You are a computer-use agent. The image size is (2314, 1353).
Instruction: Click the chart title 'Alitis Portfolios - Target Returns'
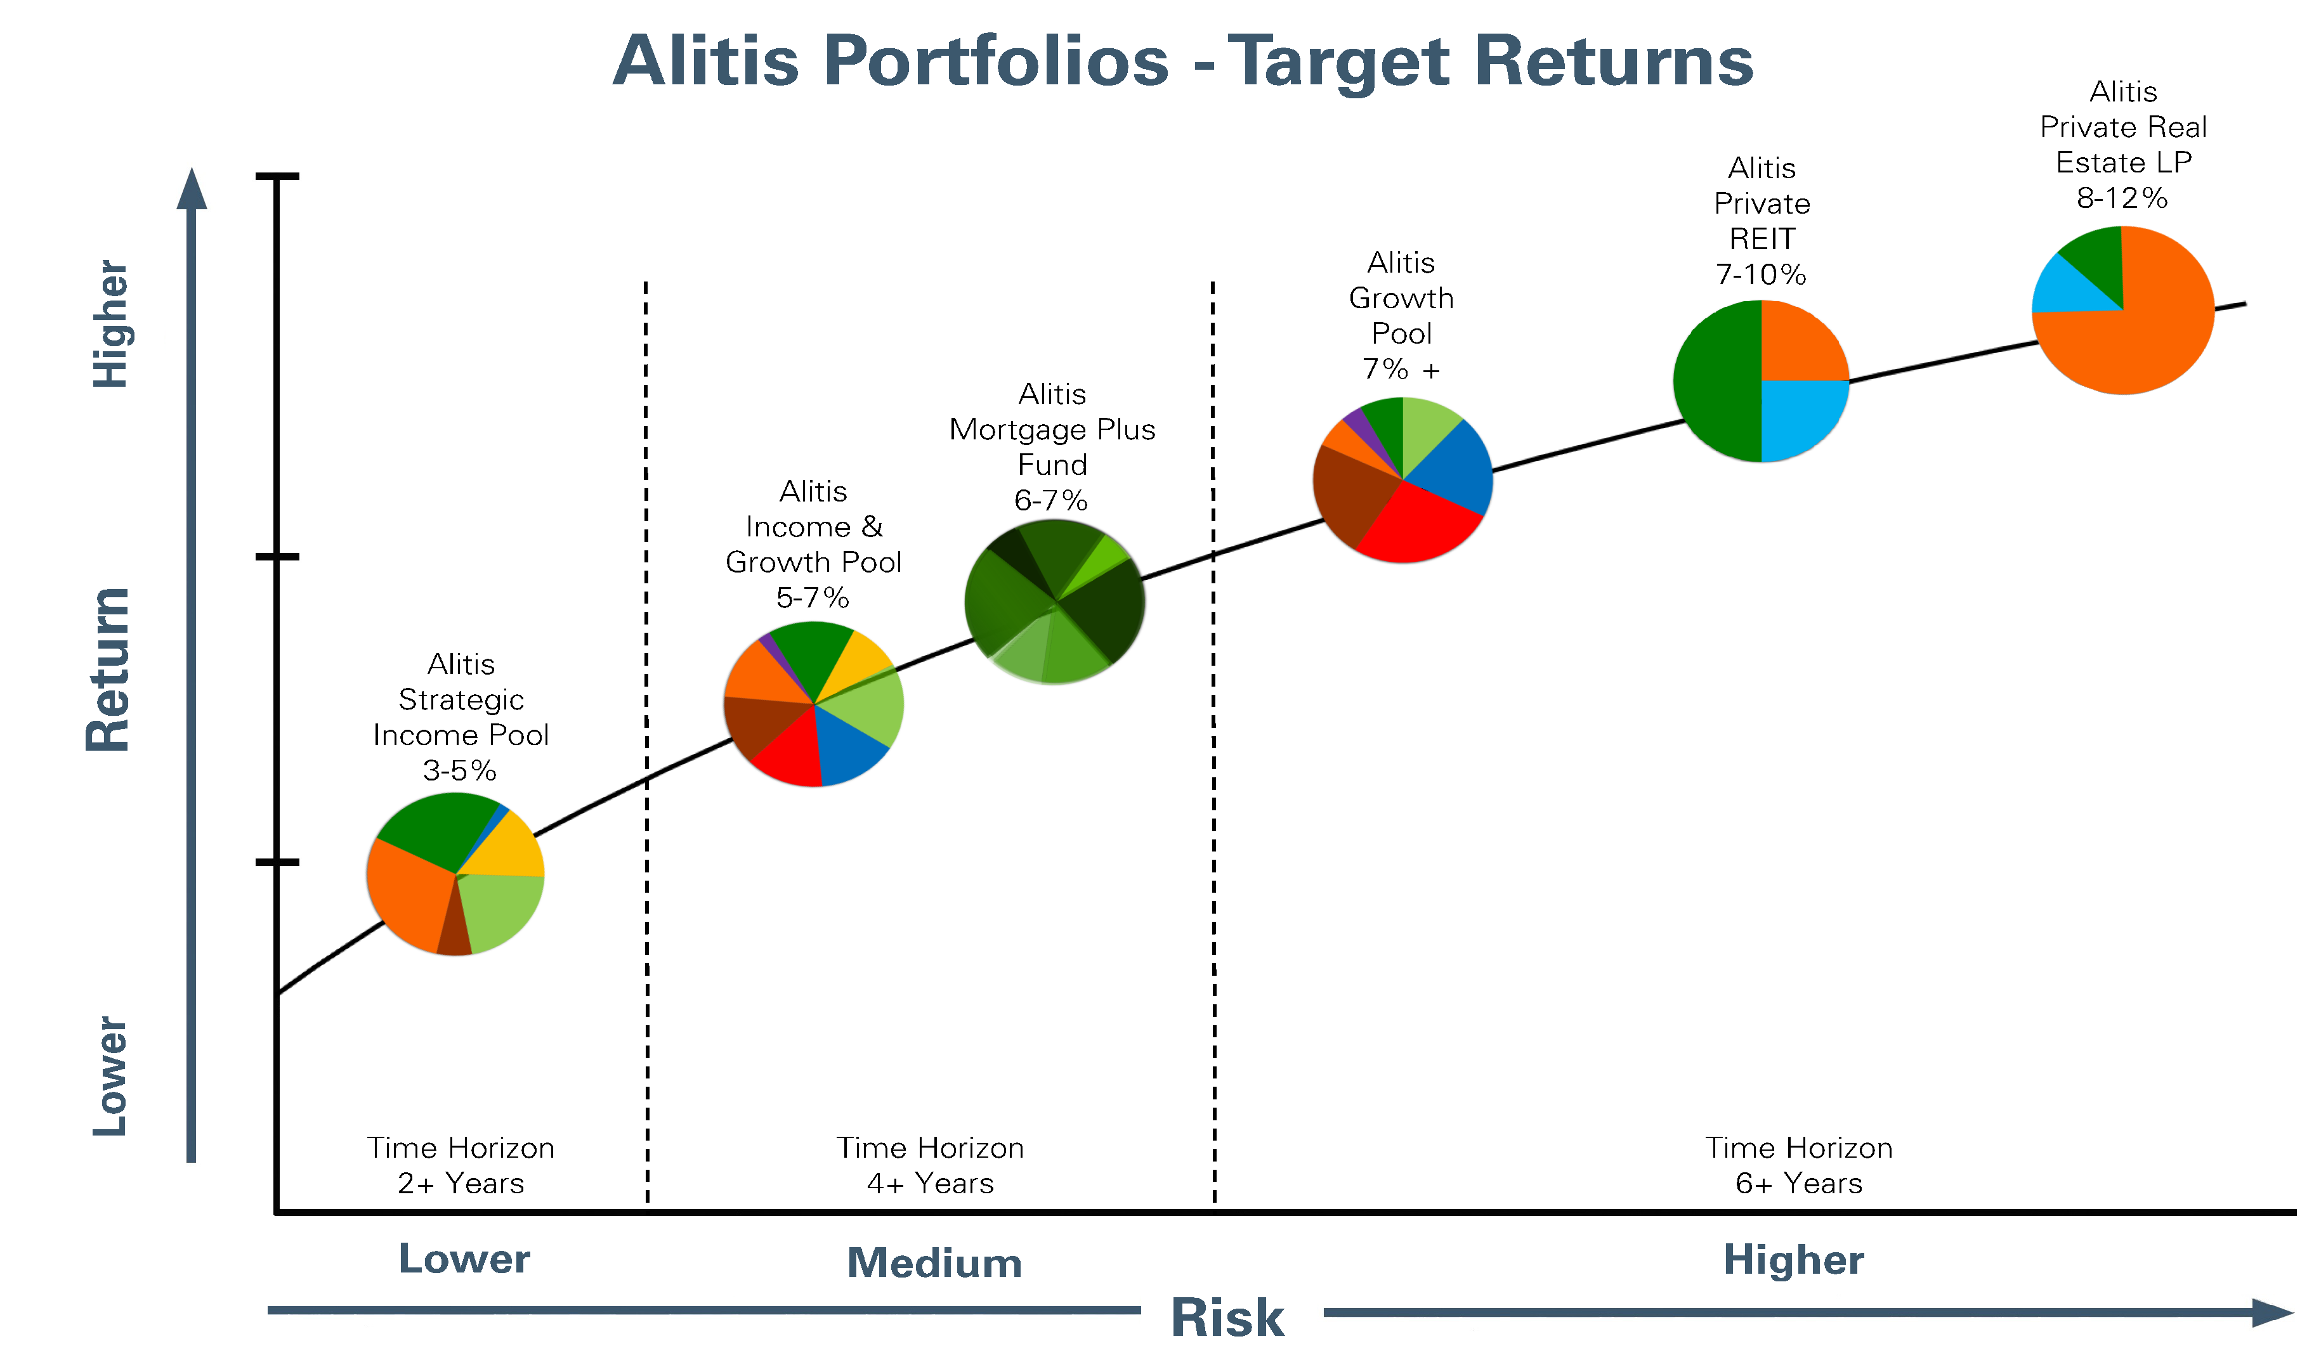click(x=1183, y=61)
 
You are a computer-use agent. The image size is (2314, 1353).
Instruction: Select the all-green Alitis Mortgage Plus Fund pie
click(x=1054, y=602)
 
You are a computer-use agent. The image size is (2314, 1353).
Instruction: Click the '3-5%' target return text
click(x=460, y=770)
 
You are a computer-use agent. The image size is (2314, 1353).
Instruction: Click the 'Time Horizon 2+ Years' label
click(x=461, y=1165)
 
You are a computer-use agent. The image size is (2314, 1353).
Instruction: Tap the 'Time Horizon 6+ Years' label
click(x=1799, y=1165)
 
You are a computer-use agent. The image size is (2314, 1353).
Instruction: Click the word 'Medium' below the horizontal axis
click(x=935, y=1263)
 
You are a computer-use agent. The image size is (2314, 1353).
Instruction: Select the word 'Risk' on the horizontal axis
click(x=1227, y=1318)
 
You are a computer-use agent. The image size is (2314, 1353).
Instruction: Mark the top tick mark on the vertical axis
click(x=277, y=176)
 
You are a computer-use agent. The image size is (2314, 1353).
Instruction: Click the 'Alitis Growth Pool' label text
click(x=1401, y=299)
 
